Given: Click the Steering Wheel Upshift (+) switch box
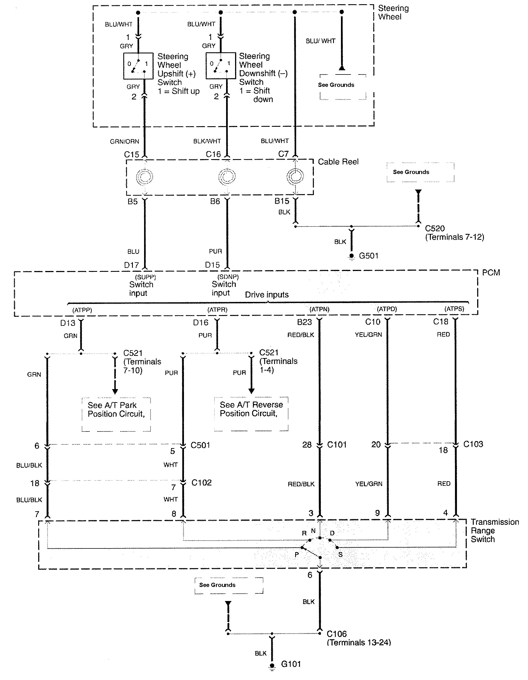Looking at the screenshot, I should coord(138,66).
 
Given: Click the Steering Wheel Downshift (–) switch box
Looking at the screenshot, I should coord(220,66).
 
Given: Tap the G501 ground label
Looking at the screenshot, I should coord(368,256).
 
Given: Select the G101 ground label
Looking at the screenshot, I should coord(291,664).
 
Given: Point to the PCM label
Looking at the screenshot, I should coord(491,273).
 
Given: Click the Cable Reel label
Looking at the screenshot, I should coord(338,162).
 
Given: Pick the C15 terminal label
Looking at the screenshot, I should coord(131,155).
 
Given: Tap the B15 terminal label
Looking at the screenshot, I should coord(282,201).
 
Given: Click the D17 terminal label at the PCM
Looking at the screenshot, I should coord(131,265).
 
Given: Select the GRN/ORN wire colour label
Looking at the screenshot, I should coord(124,142).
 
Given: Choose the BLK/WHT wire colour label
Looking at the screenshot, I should coord(207,141).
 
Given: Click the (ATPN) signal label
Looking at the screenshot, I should coord(319,309).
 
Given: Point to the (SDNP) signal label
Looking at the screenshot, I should coord(228,277).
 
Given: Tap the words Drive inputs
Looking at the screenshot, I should coord(267,295).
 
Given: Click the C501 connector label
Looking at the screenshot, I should coord(200,445).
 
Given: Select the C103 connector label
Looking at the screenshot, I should coord(473,444).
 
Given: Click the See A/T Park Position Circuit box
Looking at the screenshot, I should coord(116,414).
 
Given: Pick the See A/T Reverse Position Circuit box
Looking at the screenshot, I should coord(251,414).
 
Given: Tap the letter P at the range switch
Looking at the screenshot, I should coord(297,555).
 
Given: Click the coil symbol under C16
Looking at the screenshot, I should coord(227,177).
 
